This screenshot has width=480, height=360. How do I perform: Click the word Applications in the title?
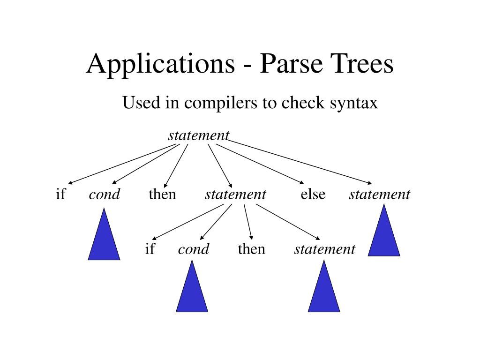(x=161, y=64)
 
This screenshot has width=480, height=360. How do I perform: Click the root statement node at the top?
(x=199, y=135)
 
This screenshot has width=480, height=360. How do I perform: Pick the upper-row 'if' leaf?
(x=60, y=194)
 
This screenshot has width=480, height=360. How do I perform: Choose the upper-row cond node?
(x=105, y=195)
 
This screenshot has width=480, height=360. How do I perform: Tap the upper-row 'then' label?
(x=162, y=194)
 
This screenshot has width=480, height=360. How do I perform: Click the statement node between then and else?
(x=235, y=194)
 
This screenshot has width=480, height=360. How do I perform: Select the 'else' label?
(x=313, y=194)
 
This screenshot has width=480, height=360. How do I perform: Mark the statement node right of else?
(x=379, y=194)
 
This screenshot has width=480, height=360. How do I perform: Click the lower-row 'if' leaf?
(x=150, y=249)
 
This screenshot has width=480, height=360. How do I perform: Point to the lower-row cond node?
(x=194, y=249)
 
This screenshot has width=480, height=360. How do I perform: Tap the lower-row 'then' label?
(x=251, y=249)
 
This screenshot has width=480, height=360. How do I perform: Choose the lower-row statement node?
(x=324, y=249)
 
